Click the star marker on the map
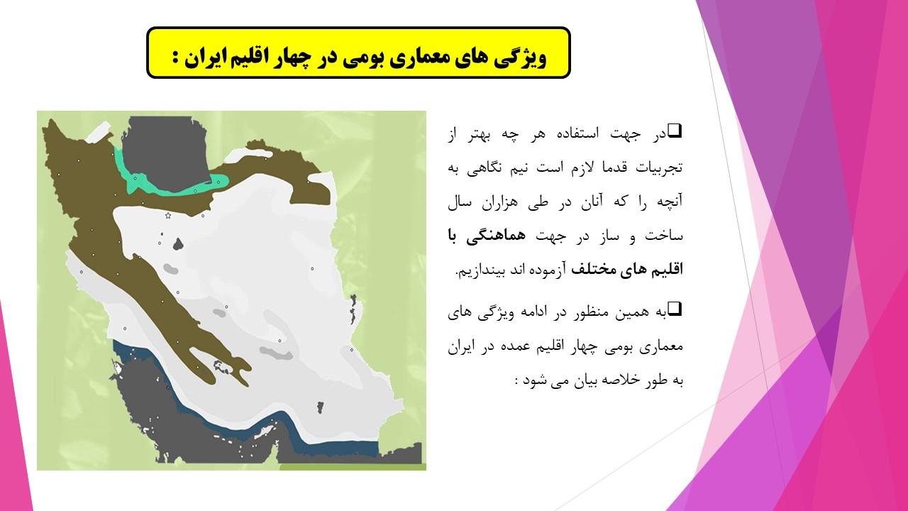tap(168, 215)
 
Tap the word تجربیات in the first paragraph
tap(660, 167)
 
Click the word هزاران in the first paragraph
tap(502, 202)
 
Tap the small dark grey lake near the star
tap(178, 244)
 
